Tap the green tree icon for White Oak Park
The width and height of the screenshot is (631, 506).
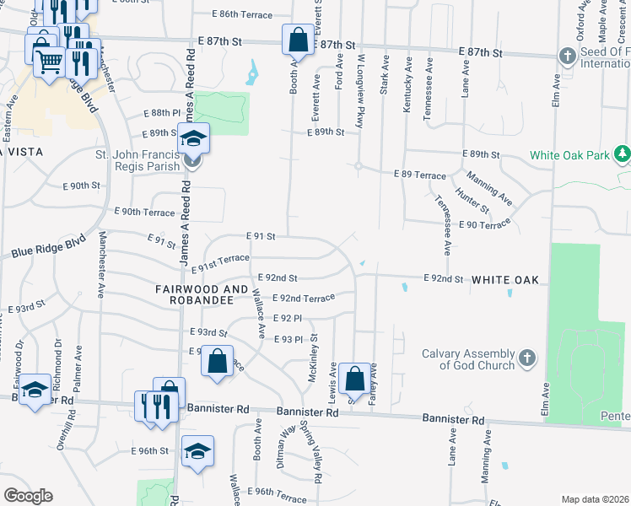[623, 155]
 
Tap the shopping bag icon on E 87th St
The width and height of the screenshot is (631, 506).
[297, 38]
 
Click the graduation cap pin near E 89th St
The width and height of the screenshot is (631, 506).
[193, 137]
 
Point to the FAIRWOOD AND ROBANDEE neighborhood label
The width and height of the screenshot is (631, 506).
[194, 293]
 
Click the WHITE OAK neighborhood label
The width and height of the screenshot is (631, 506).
[504, 279]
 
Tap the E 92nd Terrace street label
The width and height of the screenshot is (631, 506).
[304, 298]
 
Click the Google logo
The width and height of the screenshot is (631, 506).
[28, 495]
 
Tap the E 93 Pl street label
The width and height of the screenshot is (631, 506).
[288, 339]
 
